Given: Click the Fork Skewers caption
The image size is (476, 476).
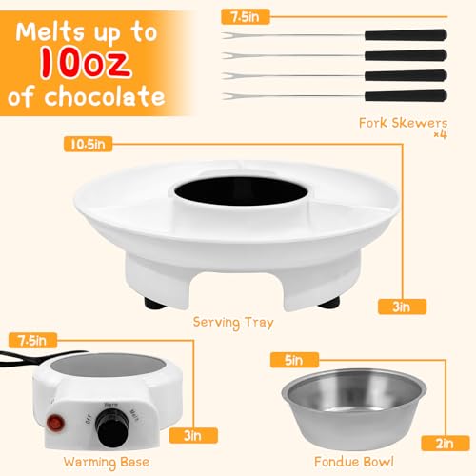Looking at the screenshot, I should pyautogui.click(x=403, y=121).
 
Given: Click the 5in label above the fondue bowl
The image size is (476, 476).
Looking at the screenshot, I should pyautogui.click(x=288, y=359).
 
